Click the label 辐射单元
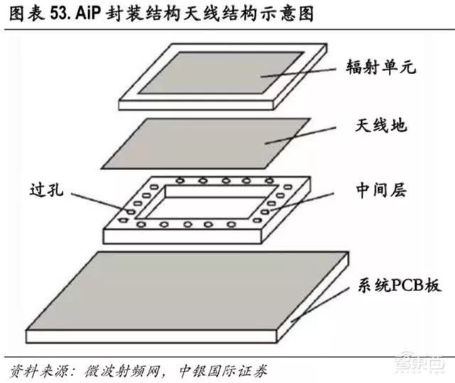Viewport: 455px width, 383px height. click(381, 66)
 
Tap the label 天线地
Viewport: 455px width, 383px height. click(381, 125)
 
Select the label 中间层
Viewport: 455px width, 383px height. click(381, 190)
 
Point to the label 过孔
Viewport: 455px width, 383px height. click(46, 190)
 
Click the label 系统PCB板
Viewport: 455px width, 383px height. click(400, 285)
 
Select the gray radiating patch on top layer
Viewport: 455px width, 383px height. click(221, 73)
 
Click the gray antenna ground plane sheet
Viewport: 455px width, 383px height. click(206, 143)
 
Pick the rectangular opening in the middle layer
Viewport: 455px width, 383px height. click(206, 202)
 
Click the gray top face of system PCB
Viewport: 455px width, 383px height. click(187, 290)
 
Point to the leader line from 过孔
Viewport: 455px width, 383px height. click(100, 201)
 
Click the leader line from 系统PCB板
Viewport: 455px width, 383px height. click(319, 305)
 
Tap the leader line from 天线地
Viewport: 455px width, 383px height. click(300, 135)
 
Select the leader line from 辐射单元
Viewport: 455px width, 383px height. click(298, 73)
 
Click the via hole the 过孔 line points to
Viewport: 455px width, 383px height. click(131, 211)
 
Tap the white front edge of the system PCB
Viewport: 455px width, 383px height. click(151, 337)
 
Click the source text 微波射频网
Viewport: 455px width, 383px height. click(122, 371)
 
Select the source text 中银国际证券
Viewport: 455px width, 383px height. click(223, 371)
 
